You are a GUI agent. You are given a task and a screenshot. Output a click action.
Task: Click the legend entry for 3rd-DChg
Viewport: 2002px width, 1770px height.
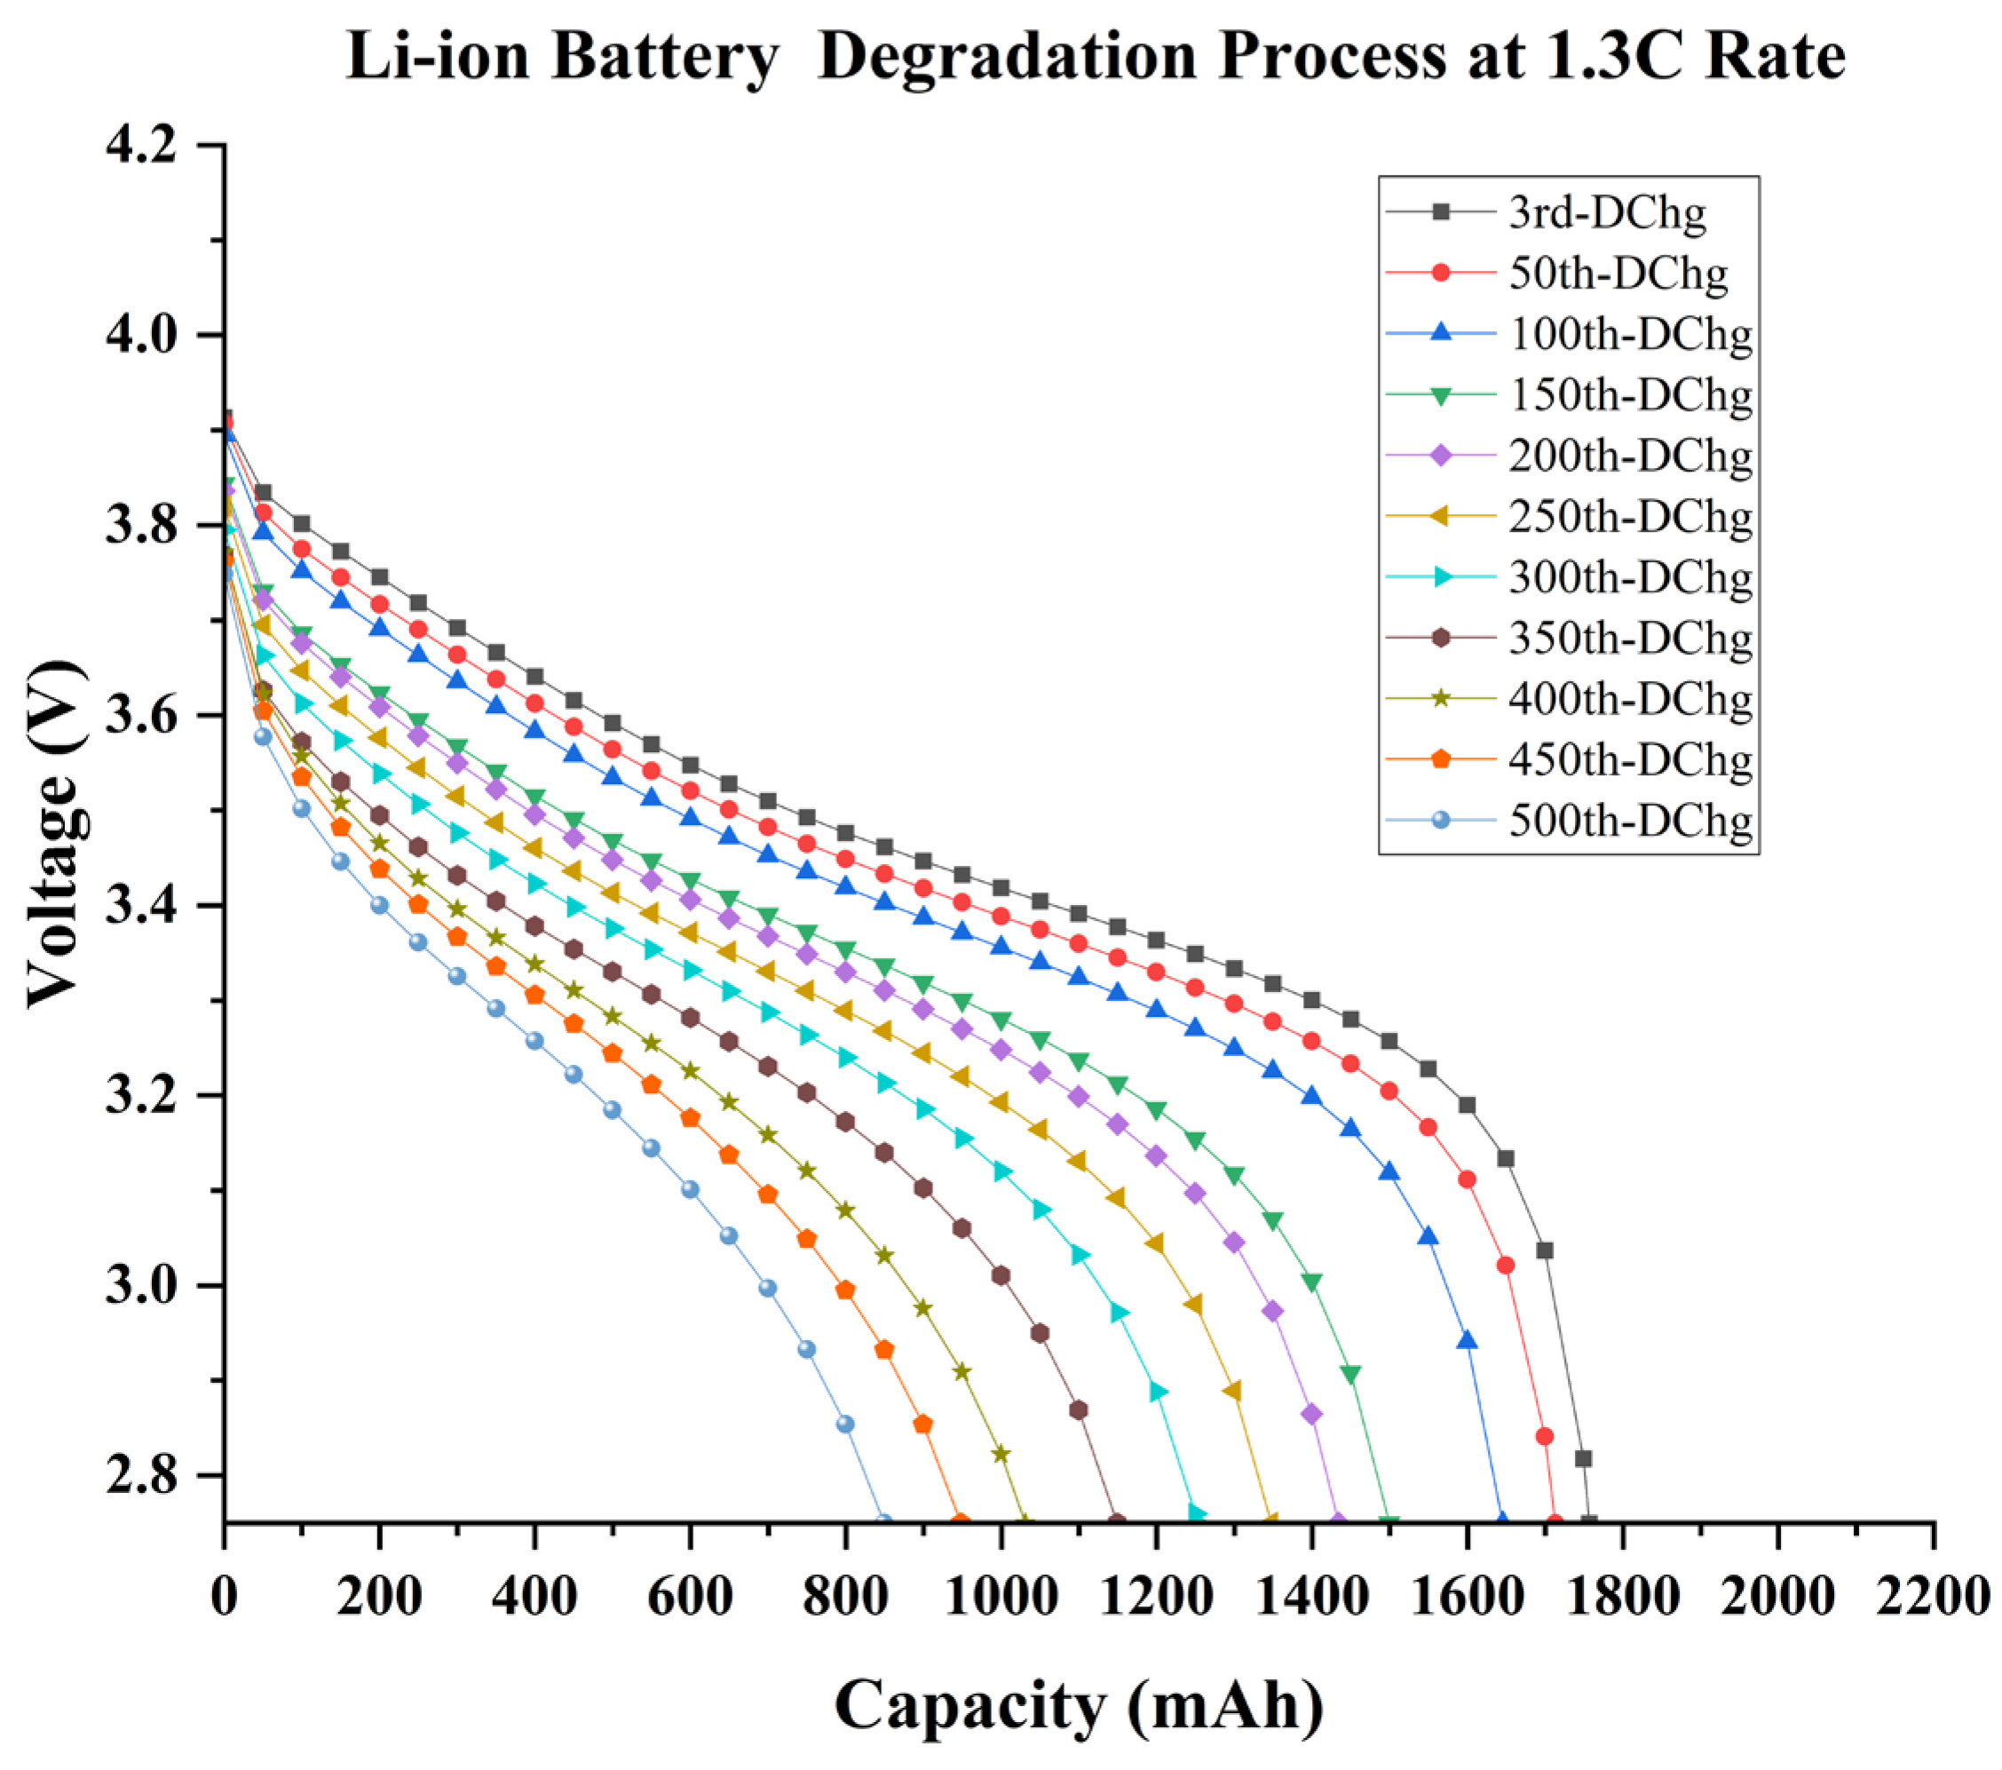1606,212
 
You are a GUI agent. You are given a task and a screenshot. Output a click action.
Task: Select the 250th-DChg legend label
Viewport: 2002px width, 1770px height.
1630,516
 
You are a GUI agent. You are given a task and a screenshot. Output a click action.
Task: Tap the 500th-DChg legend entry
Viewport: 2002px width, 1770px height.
1630,820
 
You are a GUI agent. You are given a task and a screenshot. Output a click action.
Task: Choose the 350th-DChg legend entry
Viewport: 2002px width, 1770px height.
1630,638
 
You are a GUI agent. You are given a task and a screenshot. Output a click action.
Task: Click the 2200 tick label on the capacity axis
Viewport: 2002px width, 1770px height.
1933,1597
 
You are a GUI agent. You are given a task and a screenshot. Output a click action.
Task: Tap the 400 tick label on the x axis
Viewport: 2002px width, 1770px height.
534,1597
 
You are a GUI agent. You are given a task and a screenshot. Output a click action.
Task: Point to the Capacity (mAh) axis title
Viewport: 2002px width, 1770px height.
1079,1705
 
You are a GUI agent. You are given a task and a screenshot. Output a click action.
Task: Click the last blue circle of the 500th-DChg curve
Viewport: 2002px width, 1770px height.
882,1522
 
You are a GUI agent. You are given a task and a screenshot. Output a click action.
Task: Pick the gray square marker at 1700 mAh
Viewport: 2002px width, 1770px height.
1545,1250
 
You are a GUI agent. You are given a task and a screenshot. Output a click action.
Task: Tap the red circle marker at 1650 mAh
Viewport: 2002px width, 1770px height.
1507,1266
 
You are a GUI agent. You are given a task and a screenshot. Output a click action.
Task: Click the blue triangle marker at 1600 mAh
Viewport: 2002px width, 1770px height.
1468,1341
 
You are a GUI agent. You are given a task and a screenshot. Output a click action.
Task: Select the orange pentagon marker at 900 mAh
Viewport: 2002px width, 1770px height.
922,1424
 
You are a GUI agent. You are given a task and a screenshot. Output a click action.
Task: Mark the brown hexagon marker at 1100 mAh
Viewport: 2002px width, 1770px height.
1079,1410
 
